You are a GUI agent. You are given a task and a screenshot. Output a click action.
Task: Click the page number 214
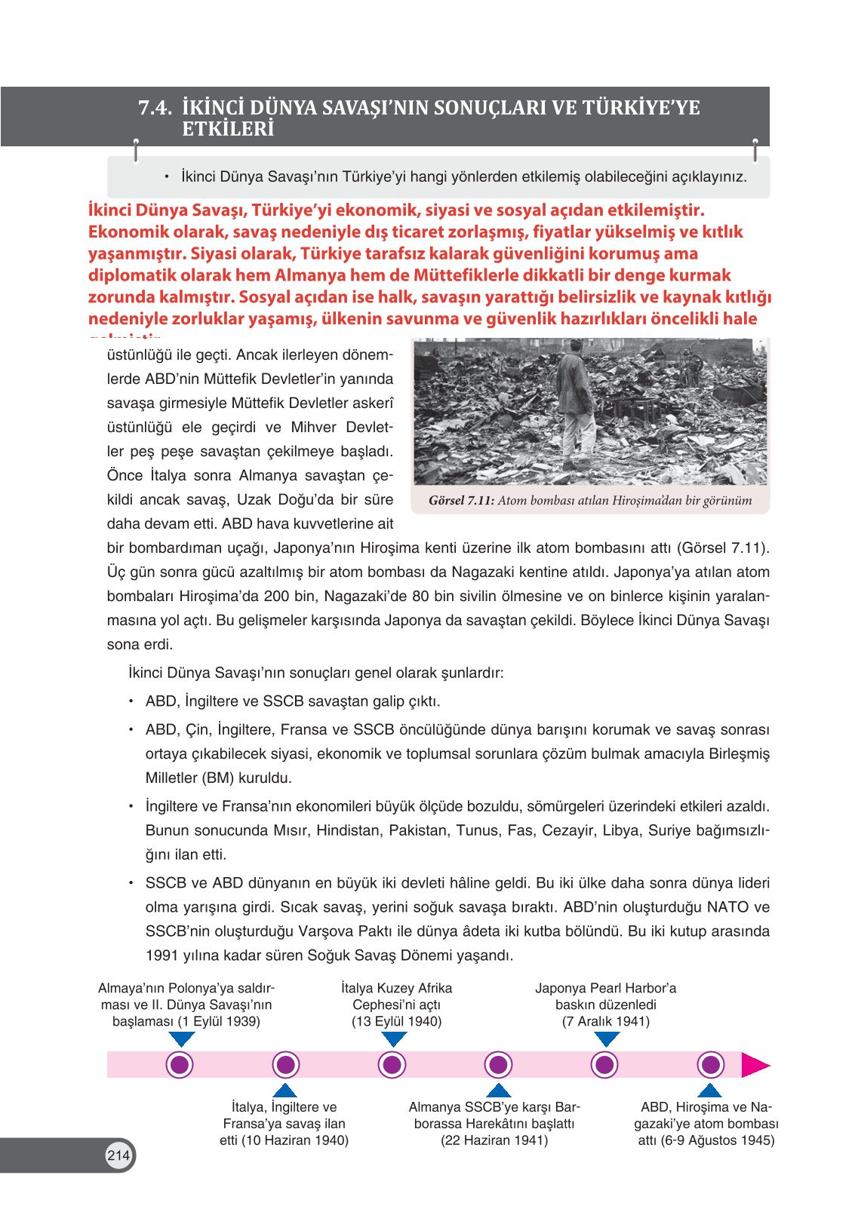118,1155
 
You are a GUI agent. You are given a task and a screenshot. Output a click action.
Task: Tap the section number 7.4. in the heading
155,108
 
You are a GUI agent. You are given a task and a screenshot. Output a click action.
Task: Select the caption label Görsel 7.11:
461,500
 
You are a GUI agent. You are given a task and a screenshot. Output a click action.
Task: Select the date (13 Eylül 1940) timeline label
396,1021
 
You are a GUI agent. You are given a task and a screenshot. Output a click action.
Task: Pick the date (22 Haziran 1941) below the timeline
494,1140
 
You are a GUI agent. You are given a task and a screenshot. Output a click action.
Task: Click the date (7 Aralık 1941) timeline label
605,1021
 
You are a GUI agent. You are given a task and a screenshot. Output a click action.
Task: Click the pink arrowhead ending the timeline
755,1065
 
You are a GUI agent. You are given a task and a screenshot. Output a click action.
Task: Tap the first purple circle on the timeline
180,1065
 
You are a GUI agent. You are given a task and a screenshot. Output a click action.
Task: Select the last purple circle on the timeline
710,1065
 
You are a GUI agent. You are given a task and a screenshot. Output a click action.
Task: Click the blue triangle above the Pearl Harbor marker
606,1039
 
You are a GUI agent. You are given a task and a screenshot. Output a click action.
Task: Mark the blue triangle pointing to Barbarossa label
498,1091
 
